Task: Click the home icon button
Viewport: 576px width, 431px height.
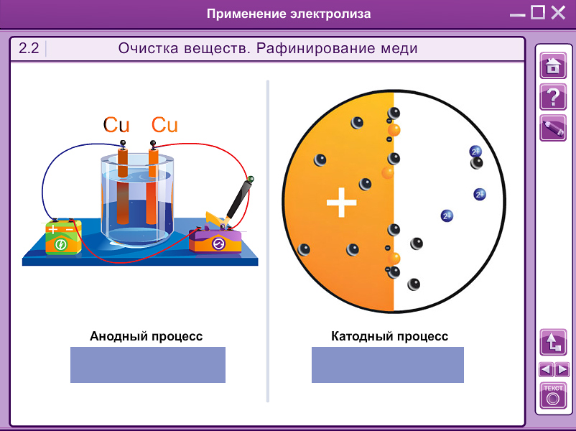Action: [x=552, y=65]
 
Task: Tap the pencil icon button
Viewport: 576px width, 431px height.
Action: [x=552, y=128]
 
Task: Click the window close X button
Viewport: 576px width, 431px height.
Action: [x=558, y=13]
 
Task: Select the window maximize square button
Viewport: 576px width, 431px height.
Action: [x=538, y=13]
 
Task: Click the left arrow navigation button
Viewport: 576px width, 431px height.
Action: [x=546, y=370]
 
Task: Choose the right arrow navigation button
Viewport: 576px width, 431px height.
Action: [x=562, y=370]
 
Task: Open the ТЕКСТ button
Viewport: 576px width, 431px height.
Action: [x=553, y=396]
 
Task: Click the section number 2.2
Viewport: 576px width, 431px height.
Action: [x=29, y=49]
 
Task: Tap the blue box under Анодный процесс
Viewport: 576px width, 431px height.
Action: [x=147, y=365]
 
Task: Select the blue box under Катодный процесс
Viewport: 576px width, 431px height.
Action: [x=388, y=365]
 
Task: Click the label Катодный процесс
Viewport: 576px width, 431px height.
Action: [x=389, y=336]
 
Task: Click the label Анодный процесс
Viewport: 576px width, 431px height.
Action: [x=146, y=336]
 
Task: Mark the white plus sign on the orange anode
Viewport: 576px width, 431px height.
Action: [x=341, y=203]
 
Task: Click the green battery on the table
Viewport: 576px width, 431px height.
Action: [x=62, y=238]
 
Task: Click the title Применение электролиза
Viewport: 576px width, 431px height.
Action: [x=289, y=14]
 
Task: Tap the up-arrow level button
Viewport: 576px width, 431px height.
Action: [x=553, y=342]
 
